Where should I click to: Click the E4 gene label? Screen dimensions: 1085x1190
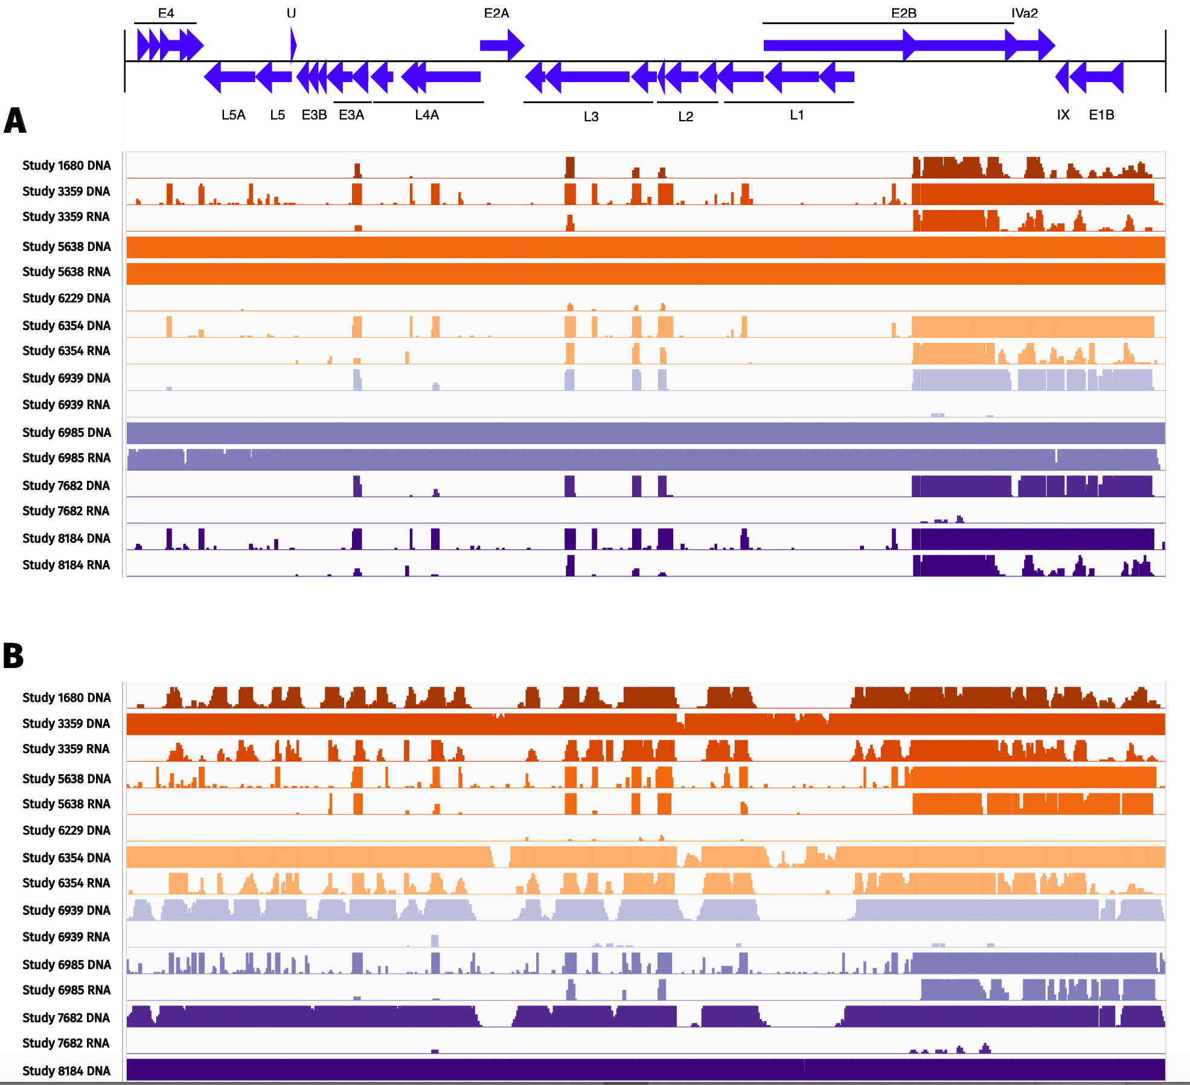point(166,13)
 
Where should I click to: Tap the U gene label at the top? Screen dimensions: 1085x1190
point(291,13)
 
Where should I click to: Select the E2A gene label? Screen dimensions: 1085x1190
point(496,13)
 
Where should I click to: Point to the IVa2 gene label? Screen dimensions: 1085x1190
point(1025,13)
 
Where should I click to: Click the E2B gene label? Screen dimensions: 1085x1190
point(904,13)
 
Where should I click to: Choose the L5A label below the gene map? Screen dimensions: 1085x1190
point(233,115)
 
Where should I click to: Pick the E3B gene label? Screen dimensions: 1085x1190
point(314,115)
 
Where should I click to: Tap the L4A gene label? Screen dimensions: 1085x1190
point(427,115)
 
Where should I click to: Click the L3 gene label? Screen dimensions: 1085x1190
point(591,116)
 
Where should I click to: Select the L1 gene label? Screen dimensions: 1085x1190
point(797,115)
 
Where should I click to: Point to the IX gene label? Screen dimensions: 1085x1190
point(1063,115)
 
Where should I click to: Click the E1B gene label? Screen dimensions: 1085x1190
point(1101,115)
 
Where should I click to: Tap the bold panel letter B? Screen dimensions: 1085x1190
point(13,655)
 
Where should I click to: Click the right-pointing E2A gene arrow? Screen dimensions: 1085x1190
point(502,45)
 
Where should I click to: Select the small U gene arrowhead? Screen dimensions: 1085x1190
point(293,45)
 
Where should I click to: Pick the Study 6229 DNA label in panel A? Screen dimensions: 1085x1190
point(66,298)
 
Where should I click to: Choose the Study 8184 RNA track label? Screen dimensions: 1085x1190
point(66,565)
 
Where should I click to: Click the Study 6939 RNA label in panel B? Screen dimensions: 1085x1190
point(66,937)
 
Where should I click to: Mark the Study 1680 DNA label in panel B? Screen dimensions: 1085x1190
point(66,698)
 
